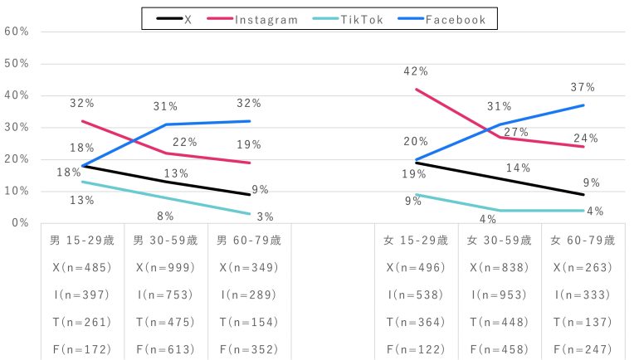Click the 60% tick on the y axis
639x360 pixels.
click(17, 32)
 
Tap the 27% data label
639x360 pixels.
click(516, 133)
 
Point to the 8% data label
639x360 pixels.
click(165, 216)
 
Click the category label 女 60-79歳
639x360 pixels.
click(583, 241)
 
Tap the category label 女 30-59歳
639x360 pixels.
click(500, 241)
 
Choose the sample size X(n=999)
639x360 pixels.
click(165, 268)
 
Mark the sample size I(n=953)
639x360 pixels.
click(500, 295)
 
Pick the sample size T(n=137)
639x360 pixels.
click(583, 323)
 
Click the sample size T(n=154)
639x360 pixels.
click(249, 323)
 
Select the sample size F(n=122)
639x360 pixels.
click(416, 350)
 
